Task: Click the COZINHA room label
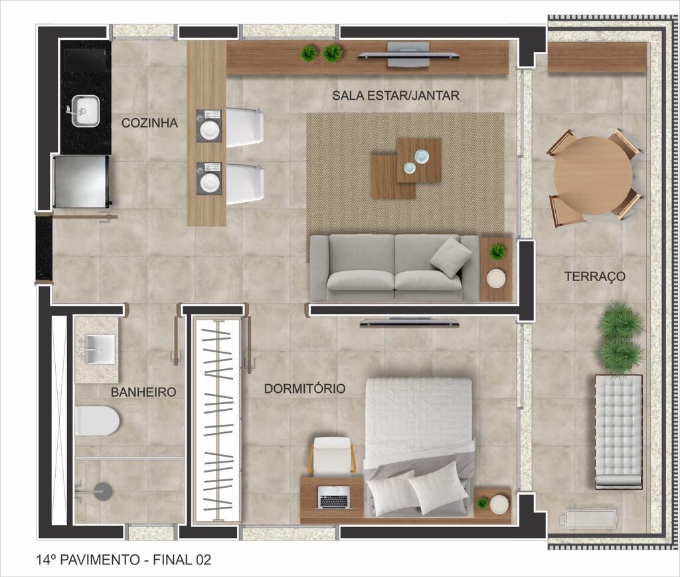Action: (x=149, y=123)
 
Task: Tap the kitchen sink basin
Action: (x=85, y=110)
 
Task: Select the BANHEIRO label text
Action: (x=143, y=392)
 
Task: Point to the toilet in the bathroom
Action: (x=96, y=421)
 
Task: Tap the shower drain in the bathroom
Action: (x=103, y=491)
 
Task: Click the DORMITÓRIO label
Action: (x=305, y=388)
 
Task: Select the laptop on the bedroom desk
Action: (x=334, y=497)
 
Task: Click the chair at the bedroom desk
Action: (x=332, y=455)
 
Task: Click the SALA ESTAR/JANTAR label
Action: (x=396, y=96)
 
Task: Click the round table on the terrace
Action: (x=593, y=175)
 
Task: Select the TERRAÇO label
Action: (x=594, y=277)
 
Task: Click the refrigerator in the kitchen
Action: (x=81, y=181)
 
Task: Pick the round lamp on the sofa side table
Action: (x=496, y=279)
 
